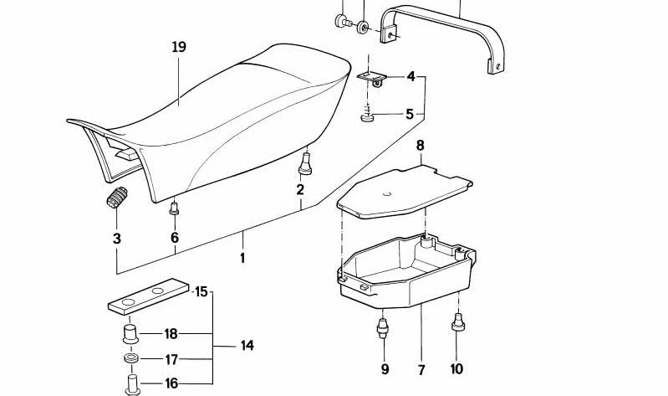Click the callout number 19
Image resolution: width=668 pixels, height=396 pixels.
179,48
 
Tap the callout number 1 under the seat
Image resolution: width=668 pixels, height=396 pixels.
242,259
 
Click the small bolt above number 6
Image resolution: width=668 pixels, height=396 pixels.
175,208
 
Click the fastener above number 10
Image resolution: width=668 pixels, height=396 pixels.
456,322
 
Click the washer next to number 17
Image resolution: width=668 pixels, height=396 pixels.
131,360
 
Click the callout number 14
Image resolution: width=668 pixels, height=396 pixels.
247,346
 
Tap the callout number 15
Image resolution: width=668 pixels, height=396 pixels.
201,292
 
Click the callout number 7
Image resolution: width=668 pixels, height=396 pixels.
421,369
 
